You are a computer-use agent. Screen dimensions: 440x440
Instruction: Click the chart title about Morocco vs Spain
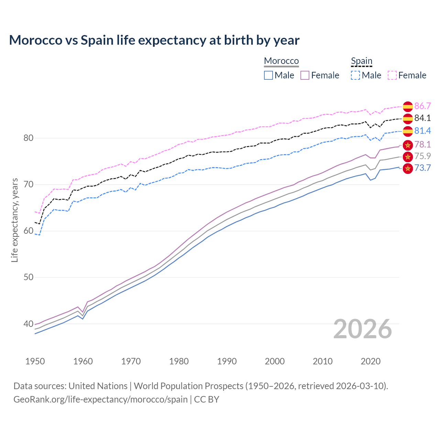tap(154, 40)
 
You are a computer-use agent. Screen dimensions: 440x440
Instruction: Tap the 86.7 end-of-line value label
tap(422, 106)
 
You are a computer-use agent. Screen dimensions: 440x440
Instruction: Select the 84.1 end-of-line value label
tap(422, 118)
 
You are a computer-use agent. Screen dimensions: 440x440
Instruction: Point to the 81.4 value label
tap(422, 131)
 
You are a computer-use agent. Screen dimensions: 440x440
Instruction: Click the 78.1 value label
tap(422, 144)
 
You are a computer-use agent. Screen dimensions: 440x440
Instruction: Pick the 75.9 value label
tap(422, 156)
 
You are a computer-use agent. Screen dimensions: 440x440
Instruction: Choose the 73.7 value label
tap(422, 168)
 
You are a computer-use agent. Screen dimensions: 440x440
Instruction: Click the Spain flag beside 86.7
tap(408, 107)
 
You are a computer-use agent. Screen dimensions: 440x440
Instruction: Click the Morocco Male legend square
tap(268, 75)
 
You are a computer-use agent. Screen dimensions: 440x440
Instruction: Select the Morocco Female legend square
tap(305, 75)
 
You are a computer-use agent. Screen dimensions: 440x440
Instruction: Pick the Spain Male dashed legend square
tap(355, 75)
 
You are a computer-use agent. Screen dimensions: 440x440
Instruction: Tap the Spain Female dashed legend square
tap(392, 75)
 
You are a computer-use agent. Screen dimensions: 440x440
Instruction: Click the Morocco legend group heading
tap(281, 61)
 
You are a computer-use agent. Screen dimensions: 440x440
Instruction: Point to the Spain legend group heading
tap(362, 61)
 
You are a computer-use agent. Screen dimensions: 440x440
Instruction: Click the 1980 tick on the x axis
tap(179, 361)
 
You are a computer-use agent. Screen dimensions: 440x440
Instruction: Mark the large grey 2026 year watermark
tap(363, 329)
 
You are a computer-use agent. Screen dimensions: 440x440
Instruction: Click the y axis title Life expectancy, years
tap(15, 220)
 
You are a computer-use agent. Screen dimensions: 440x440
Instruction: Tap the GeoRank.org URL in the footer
tap(100, 399)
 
